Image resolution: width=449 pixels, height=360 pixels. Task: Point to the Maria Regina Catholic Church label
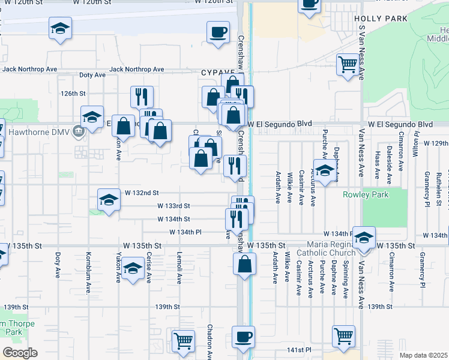tap(331, 248)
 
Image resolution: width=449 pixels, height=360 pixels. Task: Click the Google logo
tap(20, 353)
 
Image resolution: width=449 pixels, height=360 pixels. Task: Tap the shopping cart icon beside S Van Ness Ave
tap(348, 64)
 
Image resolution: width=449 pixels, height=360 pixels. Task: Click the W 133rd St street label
tap(173, 206)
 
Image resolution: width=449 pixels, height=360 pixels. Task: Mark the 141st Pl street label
tap(300, 349)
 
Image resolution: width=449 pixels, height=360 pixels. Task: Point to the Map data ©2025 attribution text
tap(424, 355)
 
